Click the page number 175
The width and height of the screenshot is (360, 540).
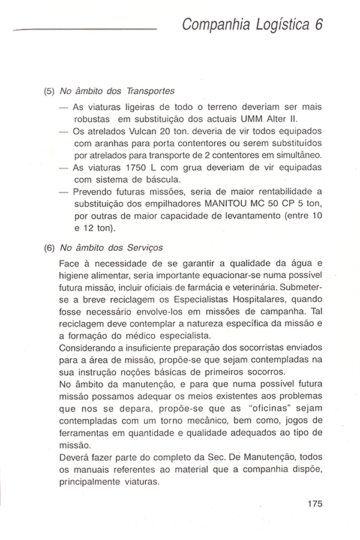[x=314, y=503]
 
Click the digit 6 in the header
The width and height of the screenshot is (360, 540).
[x=317, y=25]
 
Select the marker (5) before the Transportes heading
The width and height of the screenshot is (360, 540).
[x=50, y=92]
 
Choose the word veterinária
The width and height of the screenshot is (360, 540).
[x=276, y=287]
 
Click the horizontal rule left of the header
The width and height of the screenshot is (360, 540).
[x=84, y=29]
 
